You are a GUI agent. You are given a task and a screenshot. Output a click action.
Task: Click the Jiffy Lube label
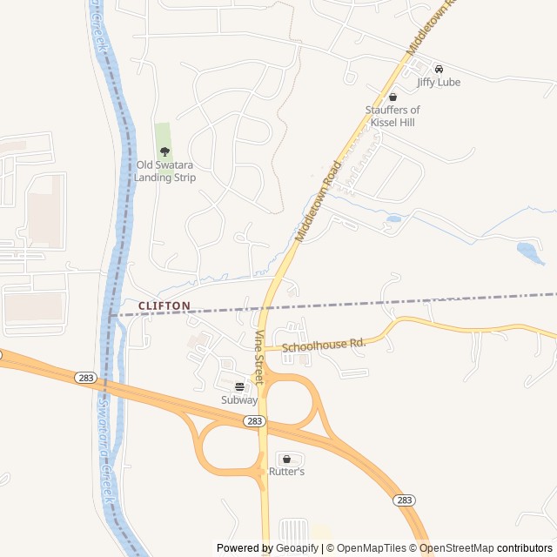pos(439,82)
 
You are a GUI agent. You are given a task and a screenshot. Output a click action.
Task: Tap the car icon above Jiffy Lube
pos(439,69)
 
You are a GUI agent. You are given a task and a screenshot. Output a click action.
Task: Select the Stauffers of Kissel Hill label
pos(392,116)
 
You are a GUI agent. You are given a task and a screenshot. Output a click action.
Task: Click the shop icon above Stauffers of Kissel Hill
pos(393,97)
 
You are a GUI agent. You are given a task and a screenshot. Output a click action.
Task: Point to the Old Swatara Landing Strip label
pos(164,171)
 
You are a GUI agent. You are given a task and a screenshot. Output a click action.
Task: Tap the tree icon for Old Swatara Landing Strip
pos(164,151)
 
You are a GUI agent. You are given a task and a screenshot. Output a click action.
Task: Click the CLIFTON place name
pos(164,305)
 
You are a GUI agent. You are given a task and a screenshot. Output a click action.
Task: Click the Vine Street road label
pos(258,358)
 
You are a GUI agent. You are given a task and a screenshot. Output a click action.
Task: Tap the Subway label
pos(239,400)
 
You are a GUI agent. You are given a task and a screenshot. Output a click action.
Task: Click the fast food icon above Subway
pos(239,386)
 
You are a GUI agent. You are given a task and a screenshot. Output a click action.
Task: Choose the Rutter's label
pos(286,472)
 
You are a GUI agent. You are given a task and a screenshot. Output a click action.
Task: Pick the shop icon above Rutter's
pos(286,458)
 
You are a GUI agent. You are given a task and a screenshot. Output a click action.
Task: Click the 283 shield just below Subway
pos(253,420)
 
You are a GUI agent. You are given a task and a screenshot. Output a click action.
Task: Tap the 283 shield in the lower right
pos(404,500)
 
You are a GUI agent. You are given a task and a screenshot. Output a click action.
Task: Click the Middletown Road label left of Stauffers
pos(318,201)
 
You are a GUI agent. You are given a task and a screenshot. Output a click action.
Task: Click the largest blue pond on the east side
pos(529,252)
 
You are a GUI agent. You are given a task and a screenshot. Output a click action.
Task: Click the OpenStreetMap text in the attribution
pos(458,548)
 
